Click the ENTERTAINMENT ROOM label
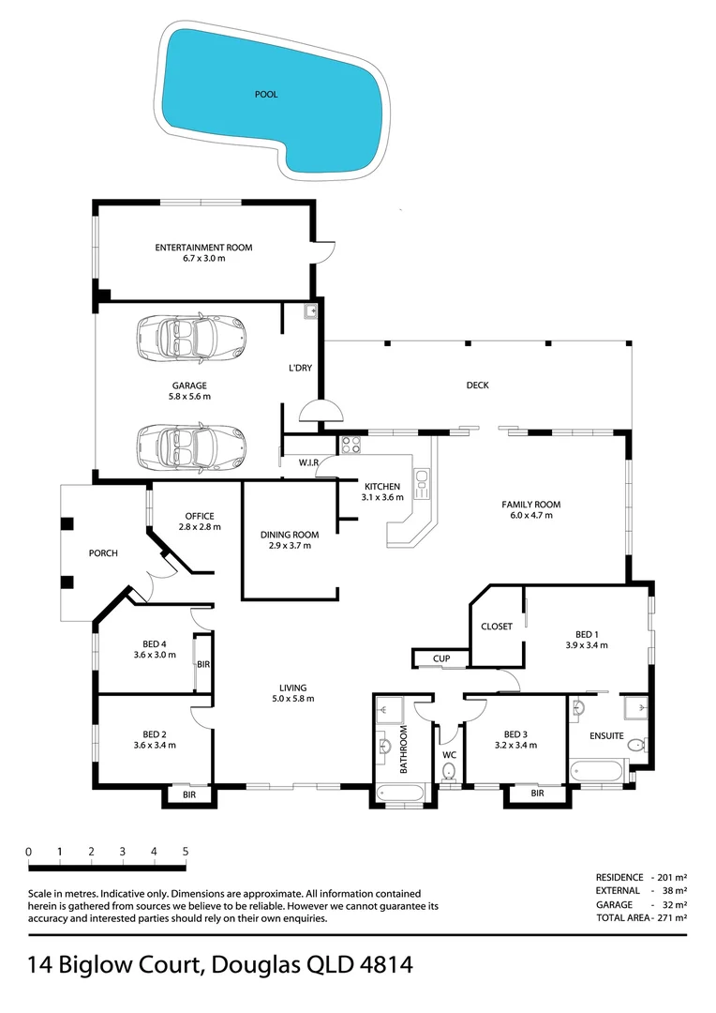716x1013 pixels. [203, 248]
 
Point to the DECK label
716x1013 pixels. [478, 386]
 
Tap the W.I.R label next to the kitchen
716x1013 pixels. [310, 461]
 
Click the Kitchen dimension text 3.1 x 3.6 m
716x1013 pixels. [382, 498]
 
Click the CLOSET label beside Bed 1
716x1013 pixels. [496, 627]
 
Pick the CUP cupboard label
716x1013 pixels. [440, 659]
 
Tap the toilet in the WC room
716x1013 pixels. [449, 771]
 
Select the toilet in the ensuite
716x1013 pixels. [635, 746]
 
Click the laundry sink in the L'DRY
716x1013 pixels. [311, 312]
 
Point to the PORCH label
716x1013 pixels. [103, 553]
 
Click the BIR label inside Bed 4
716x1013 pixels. [202, 664]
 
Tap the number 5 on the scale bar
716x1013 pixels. [186, 852]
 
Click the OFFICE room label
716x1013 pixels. [200, 516]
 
